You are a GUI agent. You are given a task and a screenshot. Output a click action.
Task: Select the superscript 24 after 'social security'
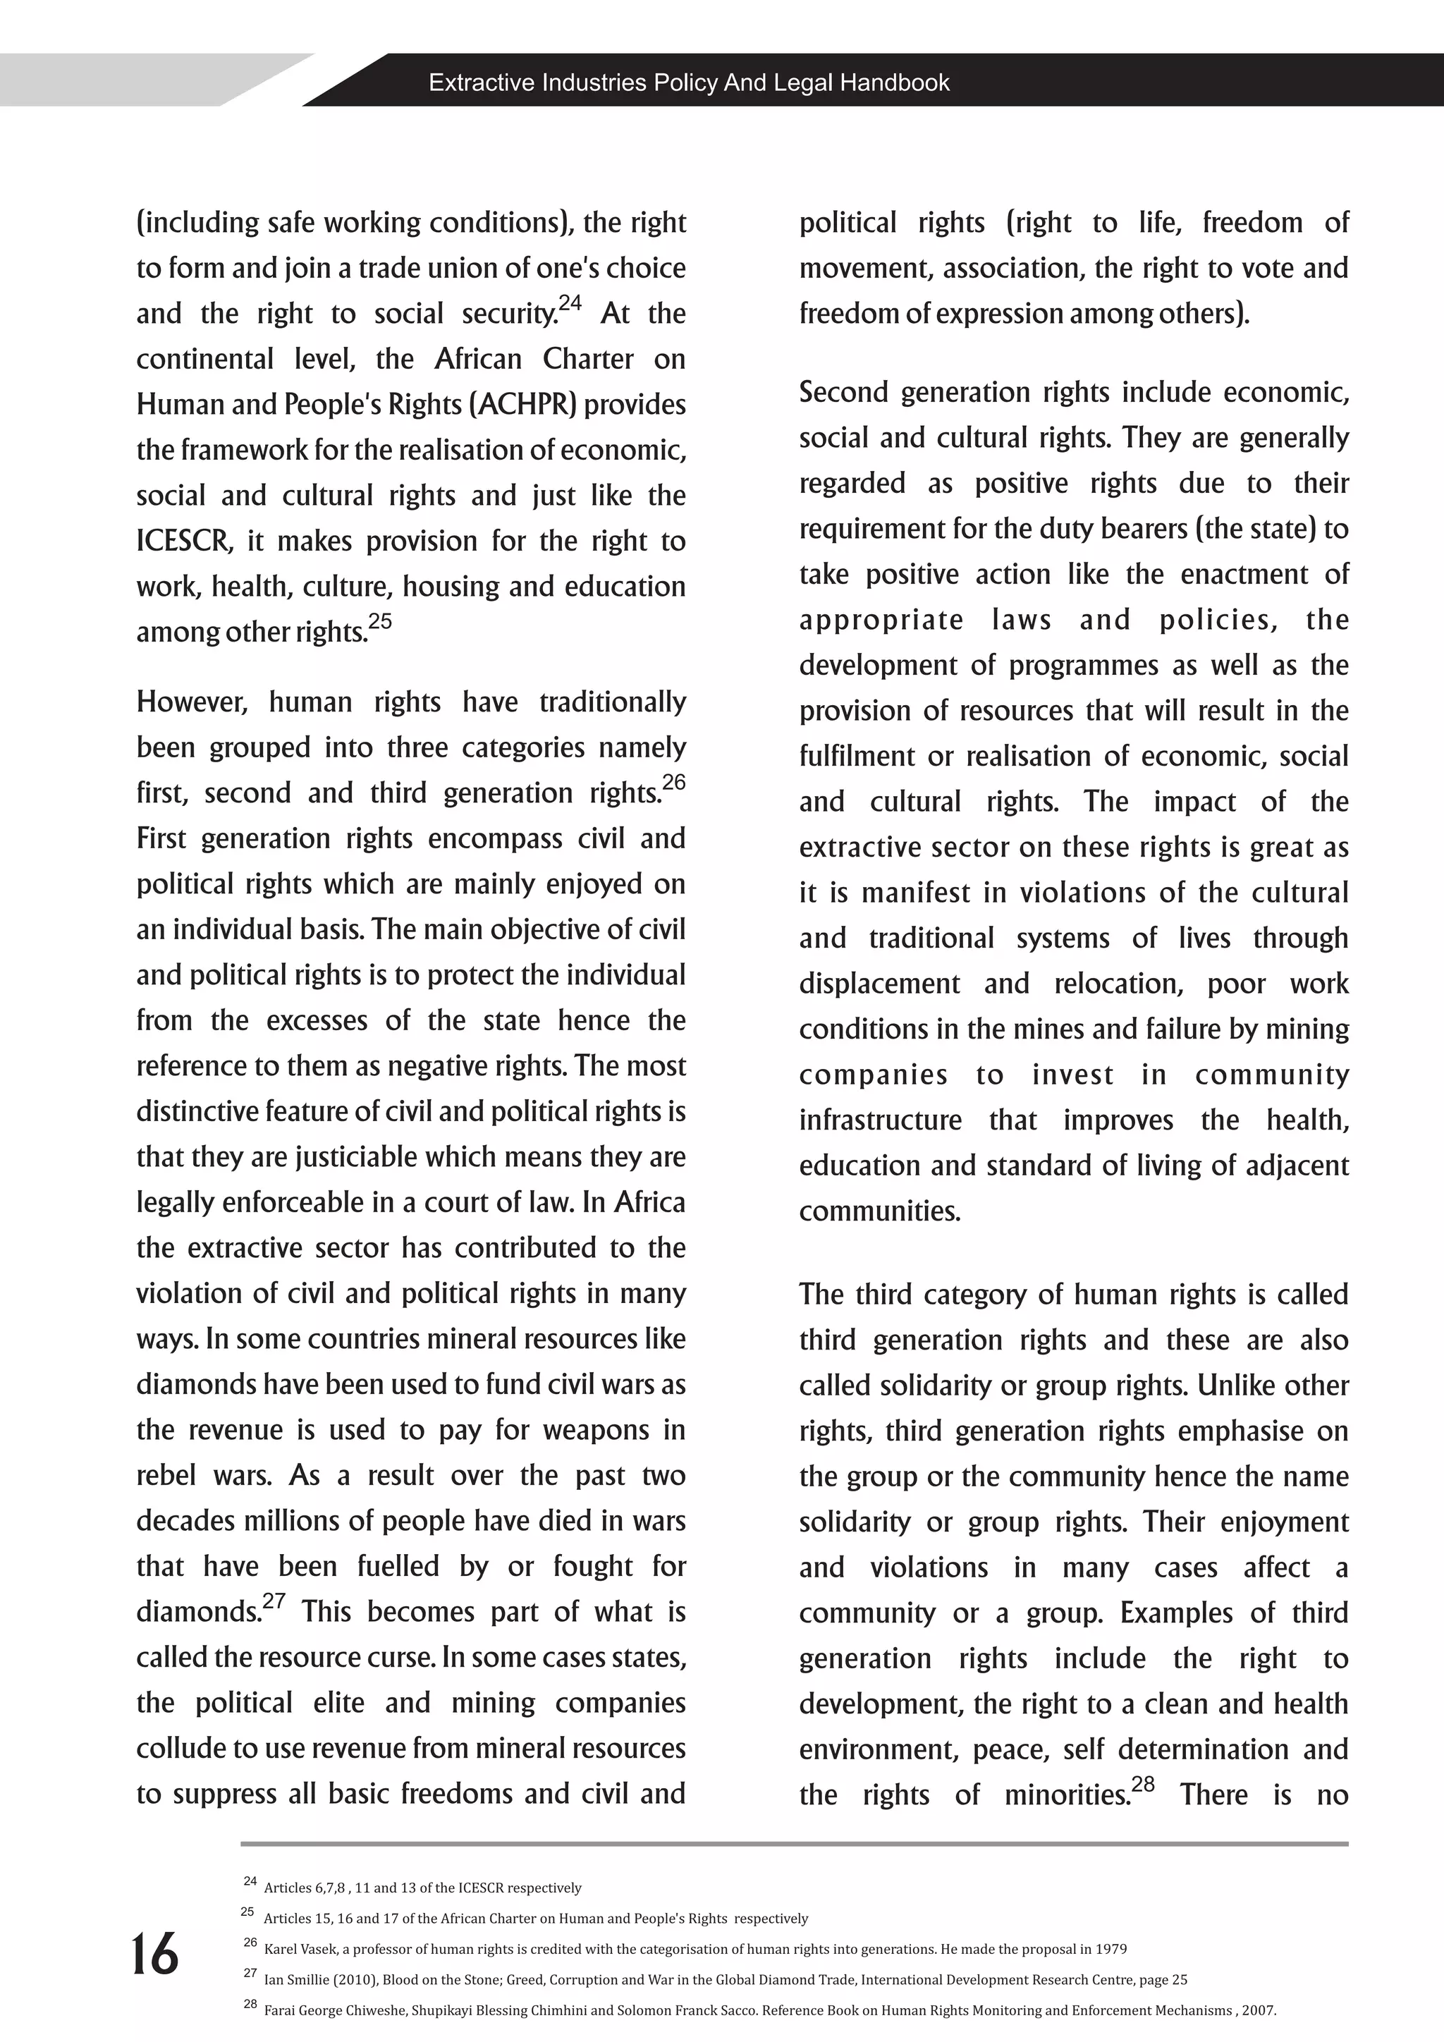tap(570, 303)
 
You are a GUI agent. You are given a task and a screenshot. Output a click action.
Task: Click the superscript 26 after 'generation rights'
tap(674, 783)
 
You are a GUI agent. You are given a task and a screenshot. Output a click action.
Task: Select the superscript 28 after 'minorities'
tap(1142, 1784)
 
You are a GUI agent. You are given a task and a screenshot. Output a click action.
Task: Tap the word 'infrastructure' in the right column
tap(880, 1120)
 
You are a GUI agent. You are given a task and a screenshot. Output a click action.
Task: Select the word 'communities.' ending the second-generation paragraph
tap(879, 1211)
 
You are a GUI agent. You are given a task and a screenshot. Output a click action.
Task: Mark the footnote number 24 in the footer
tap(250, 1881)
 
